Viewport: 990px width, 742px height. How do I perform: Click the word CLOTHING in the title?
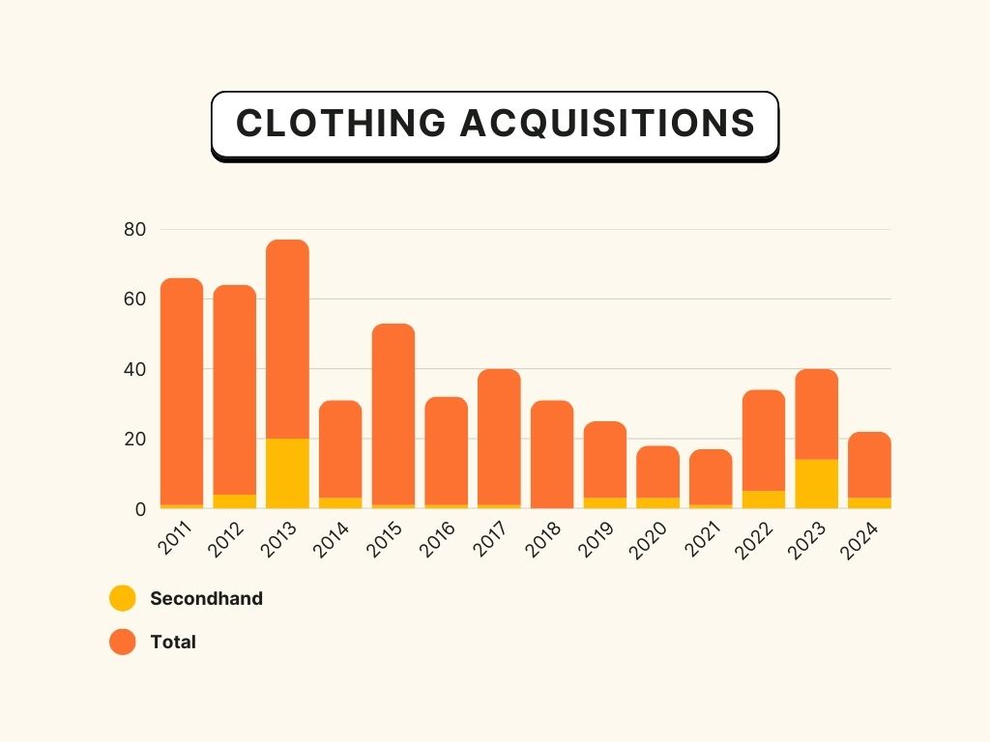coord(340,124)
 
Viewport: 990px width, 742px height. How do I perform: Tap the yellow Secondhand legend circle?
coord(123,598)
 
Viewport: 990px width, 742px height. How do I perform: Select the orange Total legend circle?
coord(123,642)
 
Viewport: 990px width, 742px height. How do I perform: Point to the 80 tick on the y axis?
coord(134,230)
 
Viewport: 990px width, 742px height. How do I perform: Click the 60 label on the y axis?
coord(134,300)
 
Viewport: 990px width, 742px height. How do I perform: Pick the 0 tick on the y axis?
coord(139,509)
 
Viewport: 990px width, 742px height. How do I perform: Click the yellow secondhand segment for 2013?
coord(287,473)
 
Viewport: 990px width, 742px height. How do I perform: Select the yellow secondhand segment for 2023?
coord(817,483)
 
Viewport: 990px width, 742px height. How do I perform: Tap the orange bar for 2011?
coord(182,386)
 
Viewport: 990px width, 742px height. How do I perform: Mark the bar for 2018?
coord(552,454)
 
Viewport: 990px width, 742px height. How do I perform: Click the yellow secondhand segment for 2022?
coord(764,499)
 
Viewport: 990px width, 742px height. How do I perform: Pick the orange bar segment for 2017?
coord(499,435)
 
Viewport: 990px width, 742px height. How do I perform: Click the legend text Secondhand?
coord(206,598)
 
